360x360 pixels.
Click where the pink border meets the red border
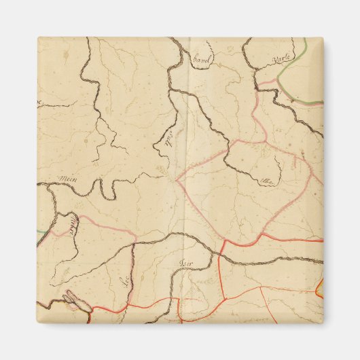tap(224, 240)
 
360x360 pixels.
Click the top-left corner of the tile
tap(38, 38)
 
